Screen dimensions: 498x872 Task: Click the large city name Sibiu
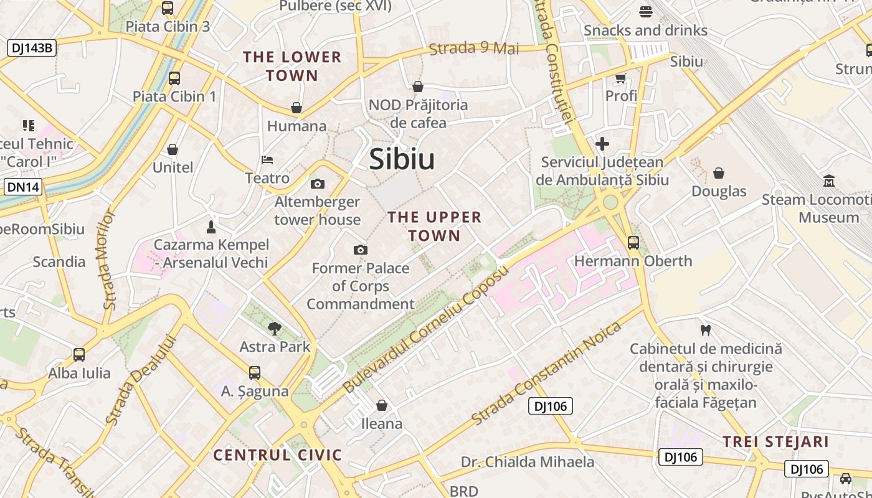(402, 159)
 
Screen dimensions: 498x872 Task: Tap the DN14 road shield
(23, 187)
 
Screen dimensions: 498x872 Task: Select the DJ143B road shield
(32, 47)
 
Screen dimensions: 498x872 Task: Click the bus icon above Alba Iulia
(79, 355)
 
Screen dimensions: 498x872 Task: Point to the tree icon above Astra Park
(274, 328)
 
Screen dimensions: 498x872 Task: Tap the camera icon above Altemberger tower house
(318, 184)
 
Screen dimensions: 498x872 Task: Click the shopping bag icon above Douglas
(719, 173)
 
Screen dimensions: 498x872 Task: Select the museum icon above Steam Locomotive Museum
(829, 181)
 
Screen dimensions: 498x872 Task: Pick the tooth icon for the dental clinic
(705, 330)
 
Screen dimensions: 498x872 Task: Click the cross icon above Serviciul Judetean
(602, 144)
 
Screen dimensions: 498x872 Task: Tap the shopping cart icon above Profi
(620, 78)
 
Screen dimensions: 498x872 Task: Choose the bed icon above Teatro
(267, 160)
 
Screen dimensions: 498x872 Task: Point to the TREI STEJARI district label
(775, 442)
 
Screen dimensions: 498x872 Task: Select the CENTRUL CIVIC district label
(278, 455)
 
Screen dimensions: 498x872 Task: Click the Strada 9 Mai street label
(474, 49)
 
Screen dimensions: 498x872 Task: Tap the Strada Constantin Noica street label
(546, 373)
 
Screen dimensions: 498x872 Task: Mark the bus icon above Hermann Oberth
(633, 242)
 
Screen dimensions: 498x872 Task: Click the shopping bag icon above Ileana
(382, 405)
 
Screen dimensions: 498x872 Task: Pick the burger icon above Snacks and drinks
(645, 11)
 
